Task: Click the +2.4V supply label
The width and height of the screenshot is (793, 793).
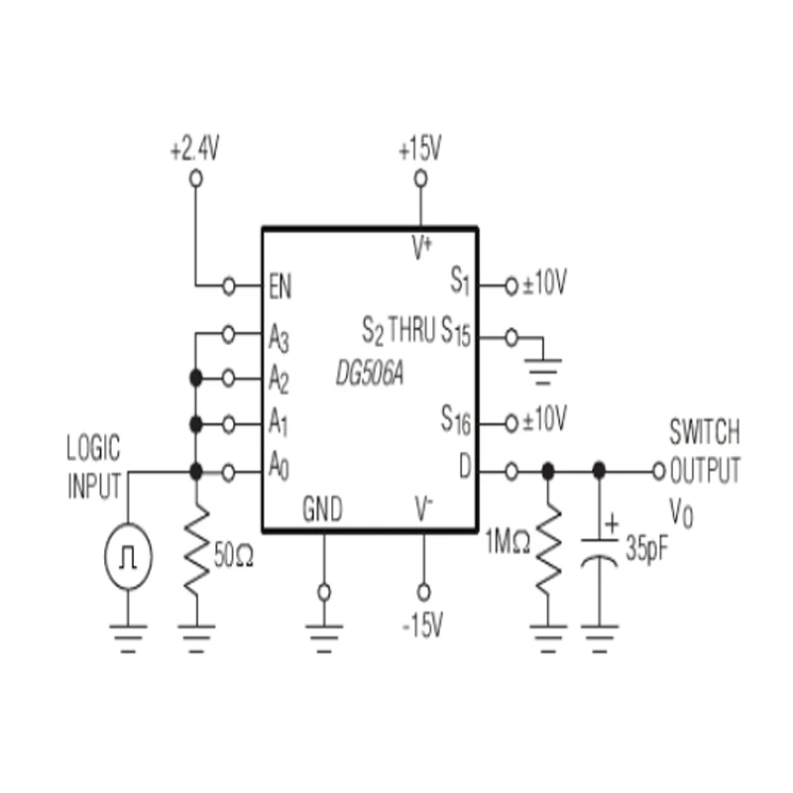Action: [x=193, y=151]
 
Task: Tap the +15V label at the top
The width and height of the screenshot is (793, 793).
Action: [x=419, y=151]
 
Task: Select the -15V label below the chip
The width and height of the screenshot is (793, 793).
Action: [x=422, y=625]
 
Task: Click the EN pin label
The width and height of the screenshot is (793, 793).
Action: [x=281, y=286]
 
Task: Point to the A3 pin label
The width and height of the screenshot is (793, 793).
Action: [x=279, y=337]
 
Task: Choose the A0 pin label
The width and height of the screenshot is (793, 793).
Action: [x=279, y=472]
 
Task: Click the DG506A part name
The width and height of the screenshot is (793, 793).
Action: [x=369, y=377]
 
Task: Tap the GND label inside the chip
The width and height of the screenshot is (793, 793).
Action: [x=322, y=510]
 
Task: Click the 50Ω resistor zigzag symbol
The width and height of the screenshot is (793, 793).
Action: [x=197, y=551]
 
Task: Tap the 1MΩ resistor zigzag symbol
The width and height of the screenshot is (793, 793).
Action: [x=547, y=551]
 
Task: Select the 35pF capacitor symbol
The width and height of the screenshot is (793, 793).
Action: [x=598, y=551]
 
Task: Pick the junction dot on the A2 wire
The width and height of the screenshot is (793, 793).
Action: [x=196, y=378]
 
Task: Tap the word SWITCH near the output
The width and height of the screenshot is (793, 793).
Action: [x=704, y=433]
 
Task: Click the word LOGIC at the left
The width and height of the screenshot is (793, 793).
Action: [x=93, y=448]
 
